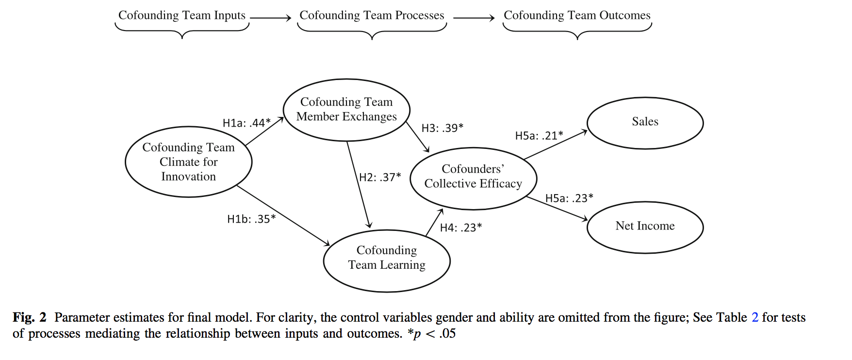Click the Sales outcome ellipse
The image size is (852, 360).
pyautogui.click(x=645, y=123)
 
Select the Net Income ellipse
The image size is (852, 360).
pyautogui.click(x=645, y=227)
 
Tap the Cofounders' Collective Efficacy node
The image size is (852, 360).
pyautogui.click(x=473, y=178)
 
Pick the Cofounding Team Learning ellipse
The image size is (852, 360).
pyautogui.click(x=387, y=261)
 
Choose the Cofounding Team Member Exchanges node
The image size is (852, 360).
pyautogui.click(x=346, y=110)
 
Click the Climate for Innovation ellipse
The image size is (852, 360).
pyautogui.click(x=188, y=162)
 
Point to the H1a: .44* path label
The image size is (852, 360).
pyautogui.click(x=246, y=123)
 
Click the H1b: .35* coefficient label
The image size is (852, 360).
pyautogui.click(x=251, y=219)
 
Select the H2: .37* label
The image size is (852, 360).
pyautogui.click(x=380, y=177)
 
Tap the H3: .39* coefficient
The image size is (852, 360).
pyautogui.click(x=442, y=128)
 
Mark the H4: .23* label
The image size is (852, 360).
pyautogui.click(x=461, y=227)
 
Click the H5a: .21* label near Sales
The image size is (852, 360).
pyautogui.click(x=539, y=135)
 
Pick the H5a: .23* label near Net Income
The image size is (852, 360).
pyautogui.click(x=569, y=198)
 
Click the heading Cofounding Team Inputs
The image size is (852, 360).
pyautogui.click(x=182, y=16)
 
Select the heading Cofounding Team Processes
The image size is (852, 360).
pyautogui.click(x=372, y=16)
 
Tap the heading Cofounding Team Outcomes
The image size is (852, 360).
pyautogui.click(x=577, y=16)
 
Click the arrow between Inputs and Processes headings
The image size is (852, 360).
pyautogui.click(x=270, y=18)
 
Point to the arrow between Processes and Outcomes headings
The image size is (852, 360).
pyautogui.click(x=474, y=18)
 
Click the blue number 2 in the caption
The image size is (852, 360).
pyautogui.click(x=754, y=317)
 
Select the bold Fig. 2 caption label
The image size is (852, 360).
pyautogui.click(x=29, y=317)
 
